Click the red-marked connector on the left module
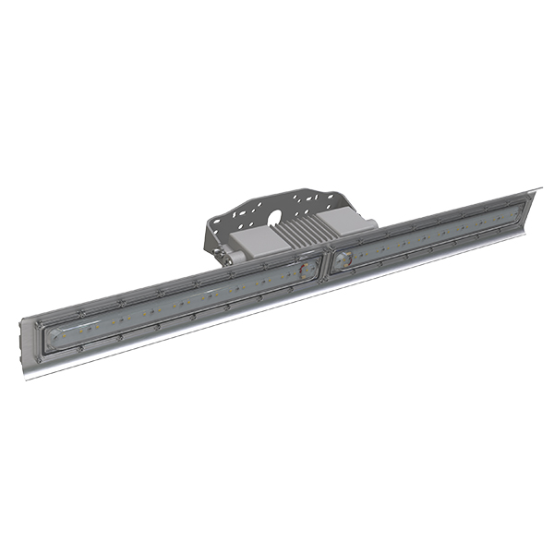click(x=301, y=271)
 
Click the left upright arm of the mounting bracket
click(x=214, y=235)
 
